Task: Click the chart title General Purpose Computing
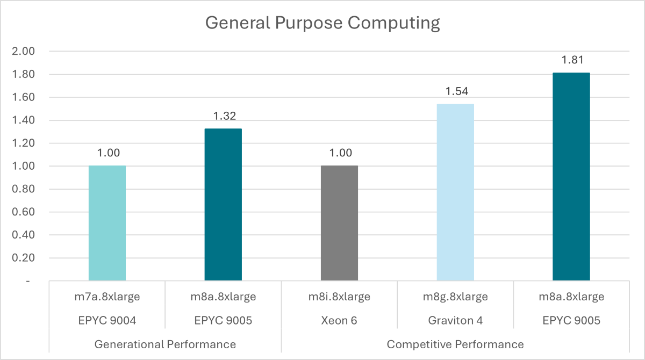pyautogui.click(x=322, y=23)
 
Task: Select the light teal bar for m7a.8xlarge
pyautogui.click(x=107, y=223)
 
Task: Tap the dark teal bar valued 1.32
pyautogui.click(x=223, y=205)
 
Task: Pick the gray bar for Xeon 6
pyautogui.click(x=339, y=223)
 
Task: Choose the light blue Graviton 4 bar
pyautogui.click(x=455, y=192)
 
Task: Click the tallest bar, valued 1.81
pyautogui.click(x=571, y=177)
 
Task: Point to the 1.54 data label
pyautogui.click(x=455, y=91)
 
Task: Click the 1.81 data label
pyautogui.click(x=571, y=60)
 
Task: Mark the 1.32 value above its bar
pyautogui.click(x=223, y=117)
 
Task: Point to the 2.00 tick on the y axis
pyautogui.click(x=23, y=52)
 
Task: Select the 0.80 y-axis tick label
pyautogui.click(x=23, y=189)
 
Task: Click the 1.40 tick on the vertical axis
pyautogui.click(x=23, y=120)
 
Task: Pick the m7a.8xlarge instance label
pyautogui.click(x=107, y=297)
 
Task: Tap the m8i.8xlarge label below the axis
pyautogui.click(x=339, y=297)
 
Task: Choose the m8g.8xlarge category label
pyautogui.click(x=455, y=297)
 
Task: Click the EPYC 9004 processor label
pyautogui.click(x=107, y=320)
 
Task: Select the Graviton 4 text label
pyautogui.click(x=455, y=320)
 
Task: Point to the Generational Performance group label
pyautogui.click(x=165, y=344)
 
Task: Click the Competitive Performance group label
pyautogui.click(x=455, y=344)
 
